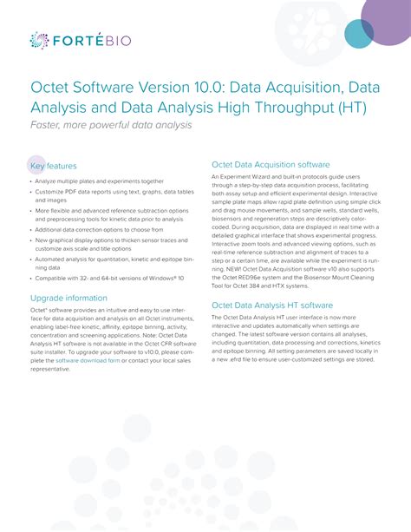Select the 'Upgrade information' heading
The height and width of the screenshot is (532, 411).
68,298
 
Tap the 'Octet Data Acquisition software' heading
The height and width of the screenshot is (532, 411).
271,164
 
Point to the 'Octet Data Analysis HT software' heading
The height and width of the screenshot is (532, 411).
272,305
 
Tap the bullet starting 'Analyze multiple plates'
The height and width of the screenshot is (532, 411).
99,182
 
